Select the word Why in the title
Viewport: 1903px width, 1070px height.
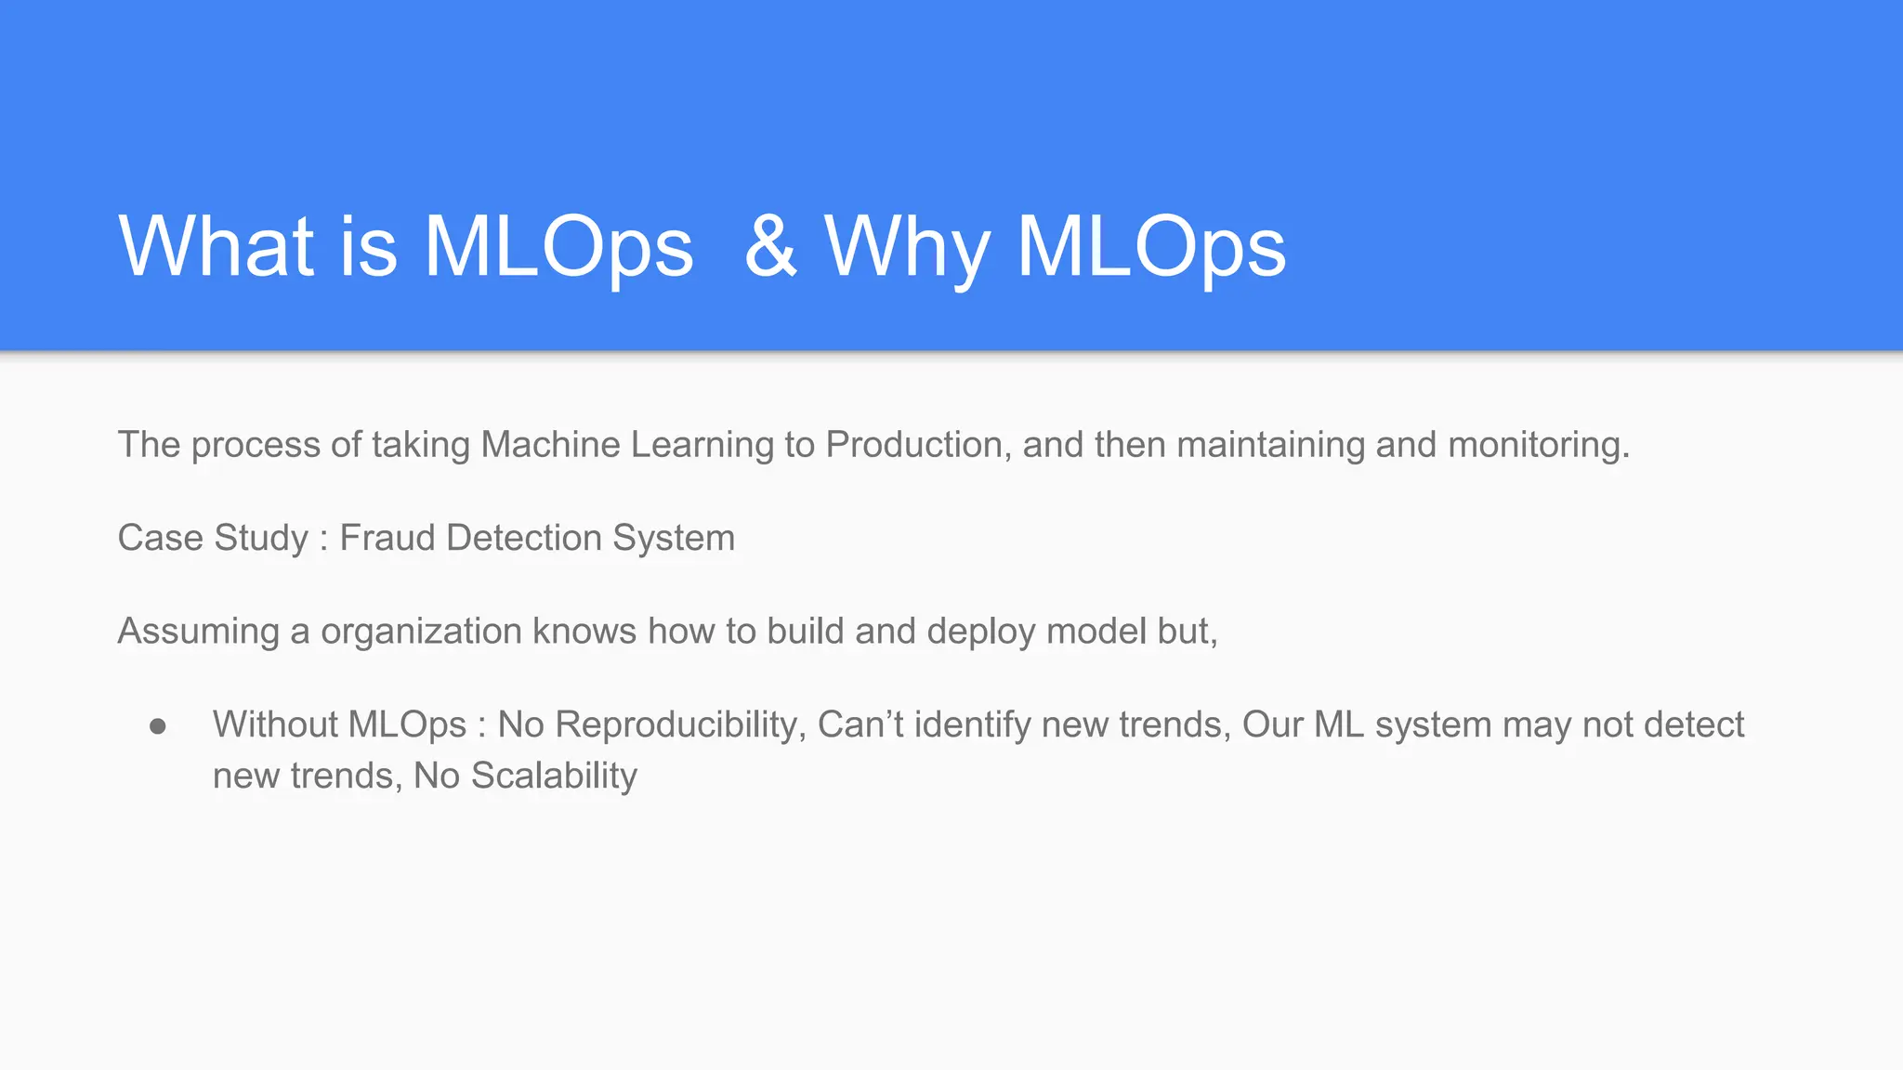pyautogui.click(x=906, y=248)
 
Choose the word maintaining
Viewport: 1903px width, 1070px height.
pyautogui.click(x=1270, y=445)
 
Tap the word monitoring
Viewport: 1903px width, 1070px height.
pyautogui.click(x=1538, y=445)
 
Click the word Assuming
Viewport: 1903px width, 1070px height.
pyautogui.click(x=198, y=632)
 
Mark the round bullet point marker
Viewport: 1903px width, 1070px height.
pyautogui.click(x=158, y=725)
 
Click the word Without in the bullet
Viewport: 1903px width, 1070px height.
pyautogui.click(x=270, y=724)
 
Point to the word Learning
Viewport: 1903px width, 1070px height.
pyautogui.click(x=702, y=445)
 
